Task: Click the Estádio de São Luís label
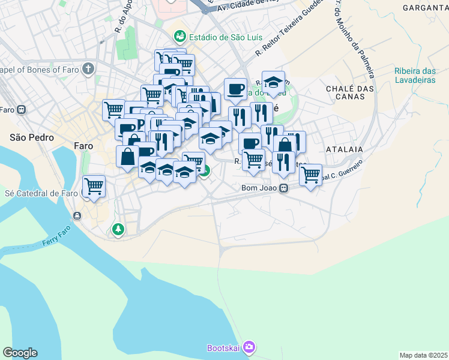tap(225, 37)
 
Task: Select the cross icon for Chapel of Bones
tap(88, 69)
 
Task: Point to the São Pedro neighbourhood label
tap(32, 137)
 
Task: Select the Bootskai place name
tap(224, 347)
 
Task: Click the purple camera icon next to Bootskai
tap(250, 347)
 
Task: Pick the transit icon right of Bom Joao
tap(284, 188)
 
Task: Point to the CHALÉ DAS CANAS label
tap(350, 92)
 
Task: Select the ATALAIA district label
tap(345, 148)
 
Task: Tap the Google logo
tap(20, 353)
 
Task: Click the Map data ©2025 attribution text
tap(423, 355)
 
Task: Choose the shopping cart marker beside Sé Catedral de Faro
tap(94, 187)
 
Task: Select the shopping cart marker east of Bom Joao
tap(310, 175)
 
